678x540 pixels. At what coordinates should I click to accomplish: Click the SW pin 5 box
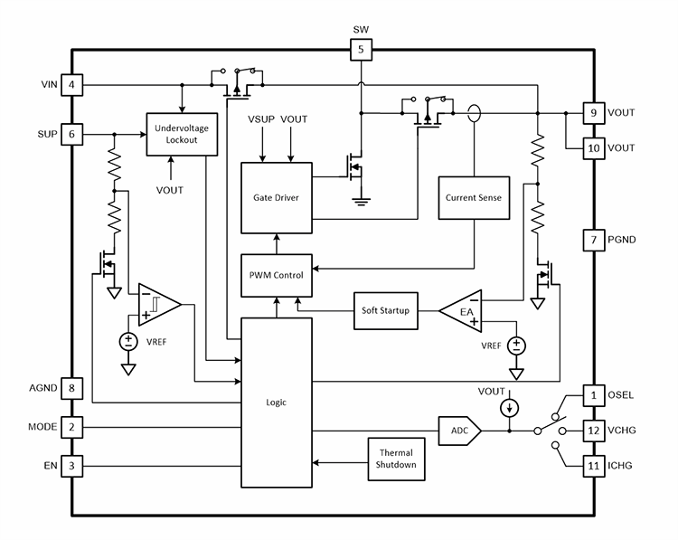(x=361, y=50)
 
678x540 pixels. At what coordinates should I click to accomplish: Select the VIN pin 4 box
(x=71, y=86)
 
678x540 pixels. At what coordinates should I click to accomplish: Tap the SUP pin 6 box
(x=71, y=134)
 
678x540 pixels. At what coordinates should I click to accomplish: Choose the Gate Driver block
(x=276, y=197)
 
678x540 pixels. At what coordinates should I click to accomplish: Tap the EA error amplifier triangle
(x=464, y=312)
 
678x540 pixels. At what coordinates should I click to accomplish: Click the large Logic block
(x=276, y=403)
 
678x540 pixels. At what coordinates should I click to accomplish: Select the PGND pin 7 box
(x=593, y=240)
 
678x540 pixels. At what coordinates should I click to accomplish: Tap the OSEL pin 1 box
(x=593, y=396)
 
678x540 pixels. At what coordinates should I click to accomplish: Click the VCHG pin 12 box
(x=593, y=431)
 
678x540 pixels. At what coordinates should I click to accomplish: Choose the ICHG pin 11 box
(x=593, y=465)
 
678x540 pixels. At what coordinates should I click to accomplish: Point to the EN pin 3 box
(x=71, y=466)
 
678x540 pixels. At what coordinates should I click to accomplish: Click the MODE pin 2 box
(x=71, y=427)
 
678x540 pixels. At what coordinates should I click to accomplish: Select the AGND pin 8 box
(x=71, y=388)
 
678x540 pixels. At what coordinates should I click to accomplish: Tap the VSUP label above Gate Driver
(x=261, y=119)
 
